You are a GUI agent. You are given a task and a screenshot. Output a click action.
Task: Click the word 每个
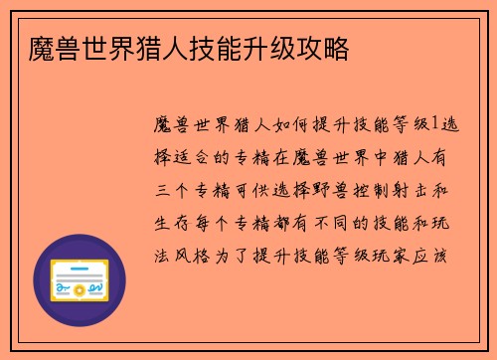coord(216,221)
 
